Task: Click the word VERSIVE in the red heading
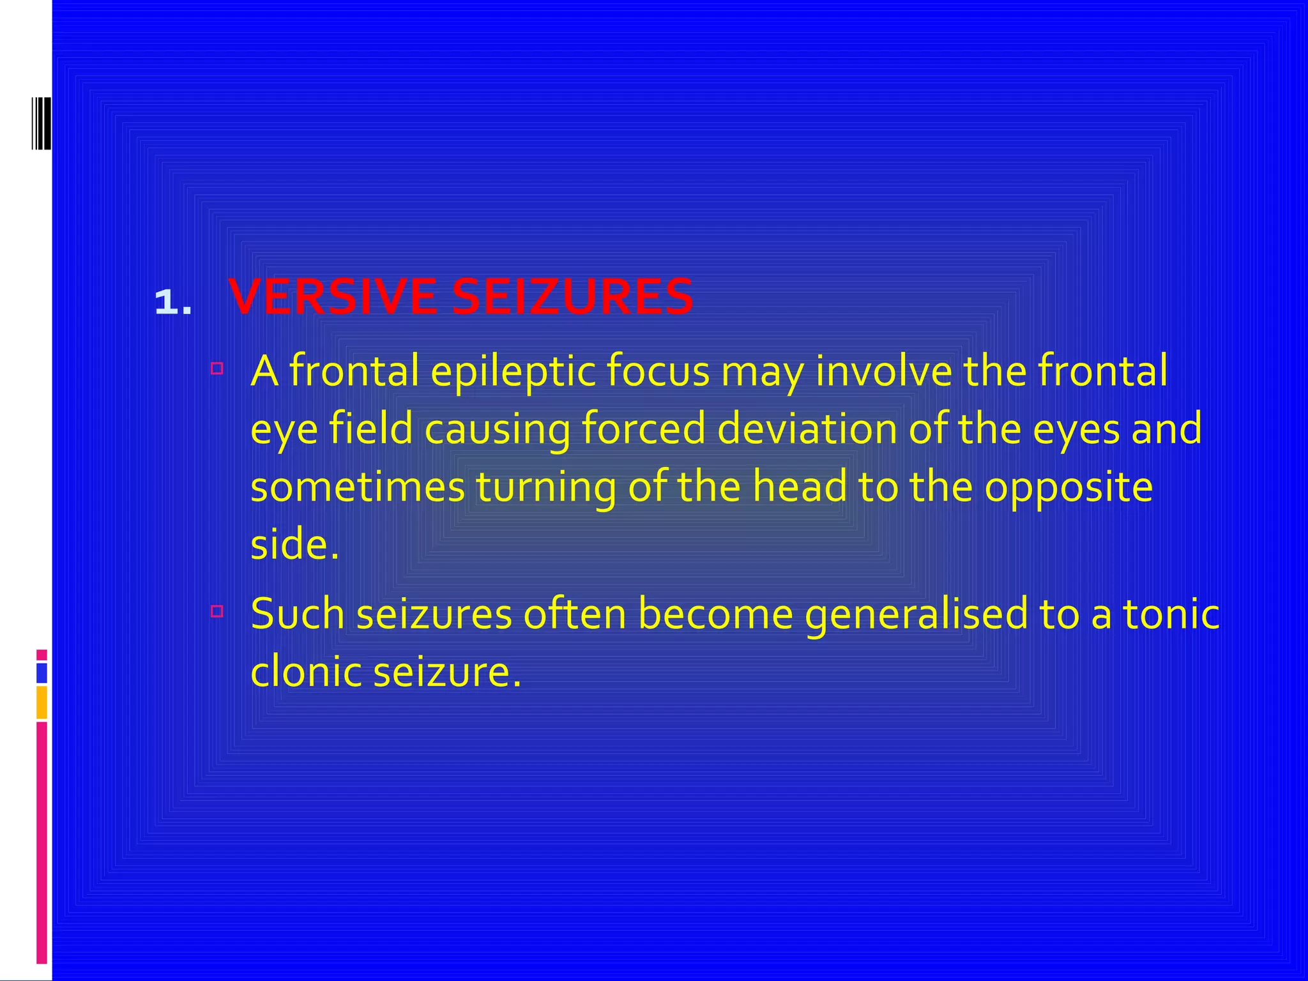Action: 333,298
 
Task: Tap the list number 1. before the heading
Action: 173,302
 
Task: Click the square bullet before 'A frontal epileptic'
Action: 217,368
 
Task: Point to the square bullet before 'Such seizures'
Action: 217,611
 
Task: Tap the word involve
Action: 884,371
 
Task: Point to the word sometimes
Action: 357,487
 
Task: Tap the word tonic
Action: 1171,614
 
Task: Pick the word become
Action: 715,614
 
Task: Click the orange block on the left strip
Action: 42,703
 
